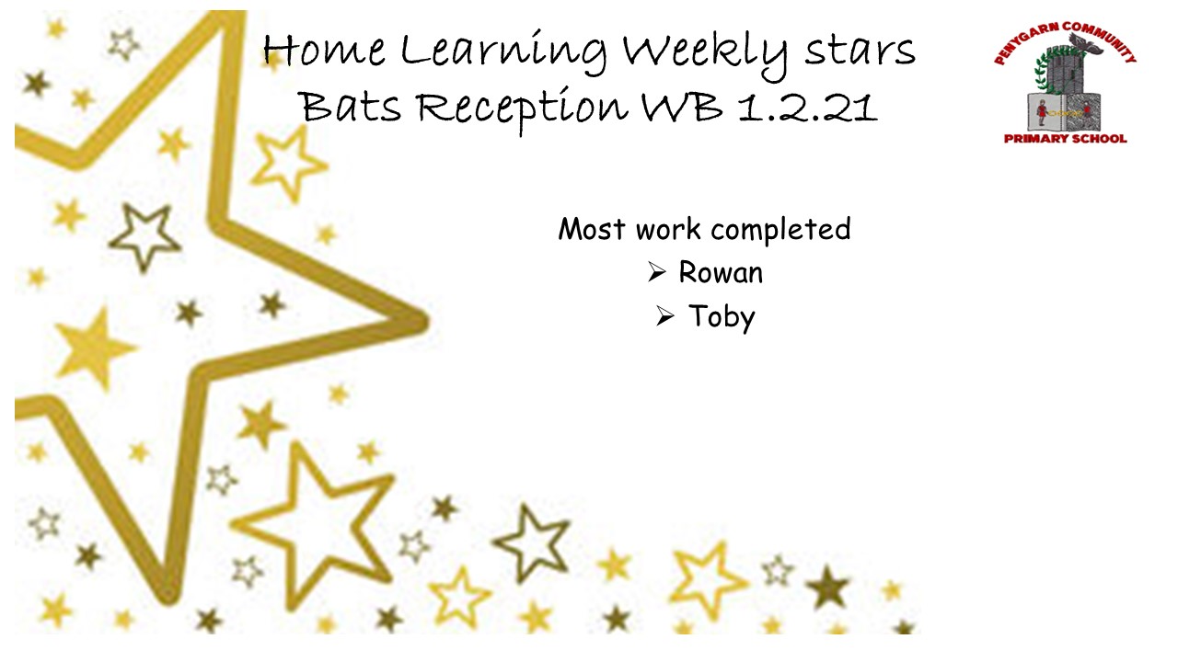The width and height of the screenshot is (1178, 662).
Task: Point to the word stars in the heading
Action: tap(860, 51)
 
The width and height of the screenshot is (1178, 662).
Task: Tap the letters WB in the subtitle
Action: tap(678, 108)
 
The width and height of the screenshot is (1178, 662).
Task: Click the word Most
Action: tap(593, 229)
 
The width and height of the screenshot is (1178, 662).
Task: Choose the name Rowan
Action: tap(721, 273)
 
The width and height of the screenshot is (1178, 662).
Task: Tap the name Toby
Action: tap(722, 318)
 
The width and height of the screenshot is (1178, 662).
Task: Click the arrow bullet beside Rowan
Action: tap(656, 273)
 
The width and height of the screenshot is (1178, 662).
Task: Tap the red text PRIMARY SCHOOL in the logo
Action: tap(1066, 138)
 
